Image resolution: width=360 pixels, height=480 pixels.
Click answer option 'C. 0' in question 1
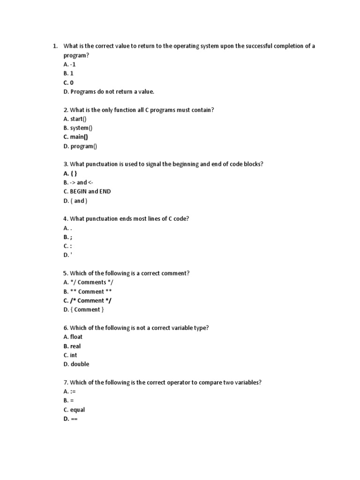[x=68, y=82]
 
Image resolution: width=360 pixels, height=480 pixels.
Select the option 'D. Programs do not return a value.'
[x=109, y=92]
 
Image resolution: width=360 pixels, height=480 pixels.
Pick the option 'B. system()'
[x=78, y=128]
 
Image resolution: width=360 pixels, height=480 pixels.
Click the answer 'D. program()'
[x=80, y=146]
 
